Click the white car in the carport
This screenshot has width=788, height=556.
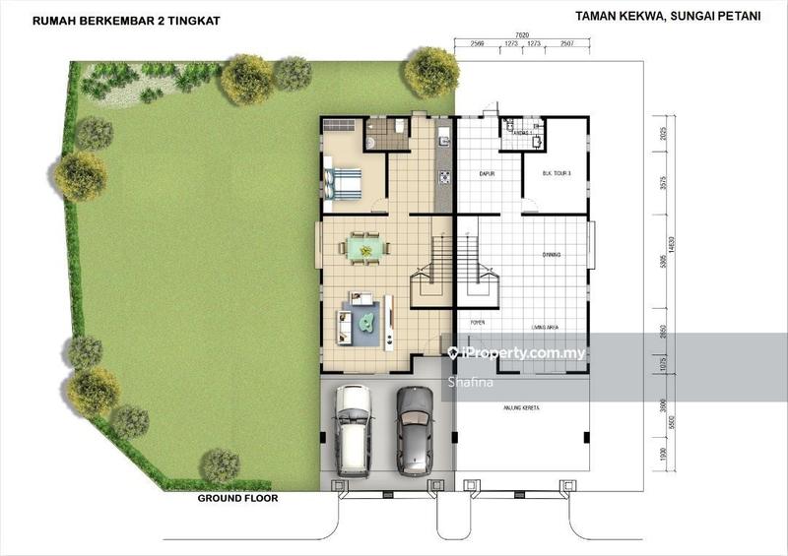352,429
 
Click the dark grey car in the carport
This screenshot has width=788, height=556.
415,429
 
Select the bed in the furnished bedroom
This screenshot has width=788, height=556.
341,183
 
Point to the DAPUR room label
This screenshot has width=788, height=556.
485,174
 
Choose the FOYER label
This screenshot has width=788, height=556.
477,322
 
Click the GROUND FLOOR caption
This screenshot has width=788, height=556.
237,498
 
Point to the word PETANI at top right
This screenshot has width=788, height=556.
737,16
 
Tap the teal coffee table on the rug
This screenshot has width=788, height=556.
367,319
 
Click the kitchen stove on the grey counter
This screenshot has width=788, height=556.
444,178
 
